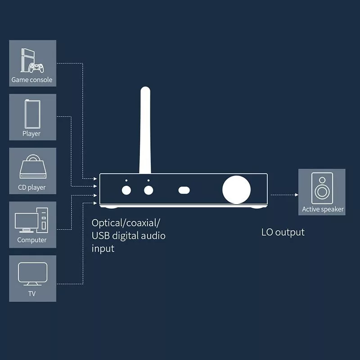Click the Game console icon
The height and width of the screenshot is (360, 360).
31,61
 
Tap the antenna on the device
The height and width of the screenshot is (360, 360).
145,130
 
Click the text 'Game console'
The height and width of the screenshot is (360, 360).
32,80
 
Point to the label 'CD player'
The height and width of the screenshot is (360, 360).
32,187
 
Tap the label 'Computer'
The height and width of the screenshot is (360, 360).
32,240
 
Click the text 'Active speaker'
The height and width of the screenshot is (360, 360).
323,209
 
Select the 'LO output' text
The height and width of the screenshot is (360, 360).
283,232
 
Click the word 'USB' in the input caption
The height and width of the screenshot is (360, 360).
102,235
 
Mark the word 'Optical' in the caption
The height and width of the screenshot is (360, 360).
107,223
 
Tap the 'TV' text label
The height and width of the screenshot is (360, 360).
32,294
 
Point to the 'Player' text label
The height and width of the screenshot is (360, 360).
31,134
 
